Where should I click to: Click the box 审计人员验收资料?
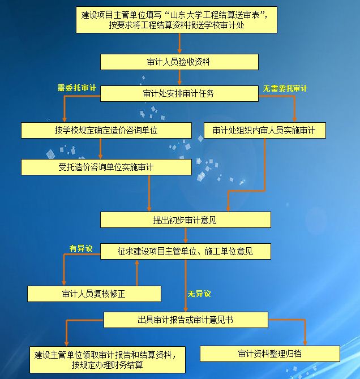tap(179, 62)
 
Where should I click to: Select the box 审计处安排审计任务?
tap(179, 93)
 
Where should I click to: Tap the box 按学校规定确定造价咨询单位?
tap(106, 130)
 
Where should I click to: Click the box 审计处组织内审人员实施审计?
tap(265, 130)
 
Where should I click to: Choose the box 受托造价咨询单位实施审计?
tap(106, 167)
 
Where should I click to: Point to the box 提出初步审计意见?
tap(186, 219)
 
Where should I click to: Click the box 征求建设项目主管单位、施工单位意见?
tap(186, 251)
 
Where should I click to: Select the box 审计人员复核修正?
tap(94, 294)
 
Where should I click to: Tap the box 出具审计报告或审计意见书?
tap(186, 320)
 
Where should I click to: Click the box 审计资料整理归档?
tap(270, 354)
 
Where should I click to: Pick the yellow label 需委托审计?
tap(76, 88)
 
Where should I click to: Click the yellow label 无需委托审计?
tap(285, 88)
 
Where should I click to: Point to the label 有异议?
tap(81, 248)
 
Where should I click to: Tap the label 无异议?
tap(199, 294)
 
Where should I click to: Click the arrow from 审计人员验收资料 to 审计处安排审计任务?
tap(179, 77)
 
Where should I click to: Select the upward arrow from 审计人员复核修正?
tap(137, 273)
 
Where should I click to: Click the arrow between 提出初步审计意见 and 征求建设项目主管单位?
tap(186, 235)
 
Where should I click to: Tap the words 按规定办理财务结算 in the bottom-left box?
tap(107, 365)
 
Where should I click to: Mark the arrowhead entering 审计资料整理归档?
tap(305, 343)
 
